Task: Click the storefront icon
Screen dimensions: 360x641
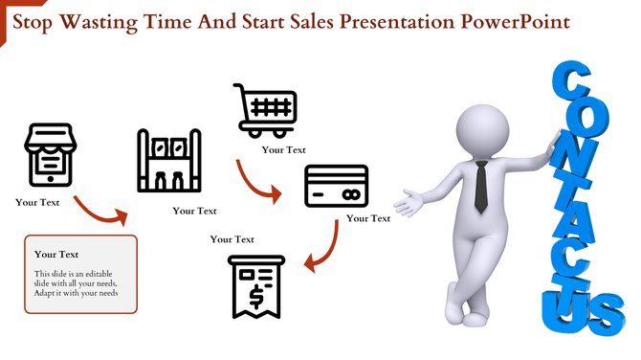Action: click(x=48, y=154)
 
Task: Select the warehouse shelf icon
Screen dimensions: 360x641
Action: click(x=169, y=163)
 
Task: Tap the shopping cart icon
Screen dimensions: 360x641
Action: click(x=265, y=110)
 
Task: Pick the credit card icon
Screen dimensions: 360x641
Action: click(x=336, y=186)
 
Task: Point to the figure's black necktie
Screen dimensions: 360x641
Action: click(x=483, y=187)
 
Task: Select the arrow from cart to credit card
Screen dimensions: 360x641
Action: click(x=258, y=182)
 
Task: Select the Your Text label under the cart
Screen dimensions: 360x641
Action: click(x=284, y=149)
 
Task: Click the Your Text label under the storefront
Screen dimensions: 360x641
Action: click(x=37, y=202)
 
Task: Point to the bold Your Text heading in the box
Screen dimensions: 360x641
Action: click(x=56, y=255)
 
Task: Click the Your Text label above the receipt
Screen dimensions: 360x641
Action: click(x=232, y=239)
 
